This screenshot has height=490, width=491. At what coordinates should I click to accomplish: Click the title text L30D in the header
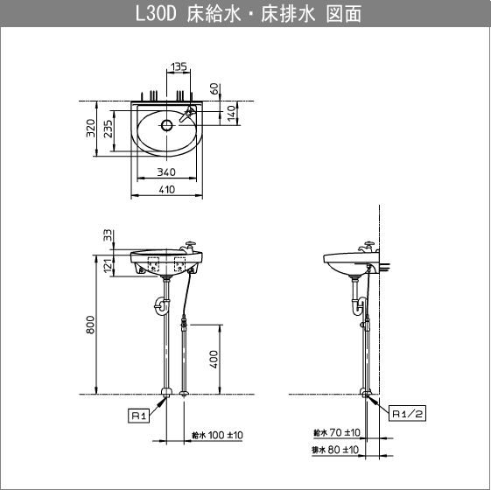point(157,15)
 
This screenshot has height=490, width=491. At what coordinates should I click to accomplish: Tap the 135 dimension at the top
point(179,66)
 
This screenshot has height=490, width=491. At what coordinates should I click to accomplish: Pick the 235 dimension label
point(109,129)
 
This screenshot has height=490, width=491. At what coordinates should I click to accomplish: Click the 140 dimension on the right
point(231,113)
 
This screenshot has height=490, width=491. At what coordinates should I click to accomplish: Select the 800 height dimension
point(90,325)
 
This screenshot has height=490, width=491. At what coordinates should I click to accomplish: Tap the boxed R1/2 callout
point(407,415)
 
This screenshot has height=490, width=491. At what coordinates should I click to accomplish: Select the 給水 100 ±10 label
point(217,435)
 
